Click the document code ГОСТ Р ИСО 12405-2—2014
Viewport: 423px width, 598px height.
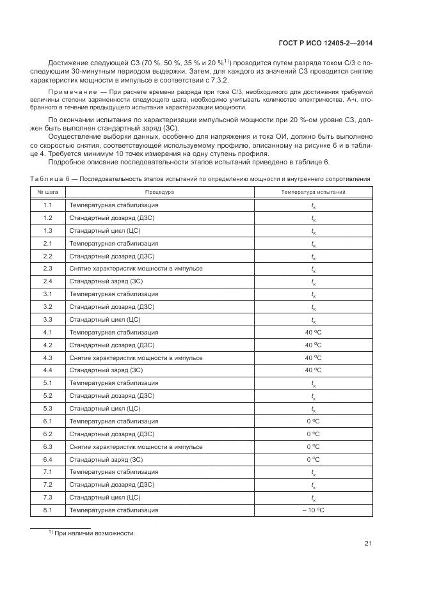[326, 43]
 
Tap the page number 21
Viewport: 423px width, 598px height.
[368, 544]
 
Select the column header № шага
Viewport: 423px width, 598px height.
[47, 192]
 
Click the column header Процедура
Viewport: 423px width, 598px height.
[159, 192]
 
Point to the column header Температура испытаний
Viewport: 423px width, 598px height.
[313, 192]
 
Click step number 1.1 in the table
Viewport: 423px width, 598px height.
[47, 205]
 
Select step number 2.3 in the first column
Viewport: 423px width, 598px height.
[47, 269]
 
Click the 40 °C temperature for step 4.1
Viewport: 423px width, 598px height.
[313, 332]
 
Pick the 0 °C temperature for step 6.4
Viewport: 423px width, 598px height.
[313, 459]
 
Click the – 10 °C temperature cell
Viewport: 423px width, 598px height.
[313, 510]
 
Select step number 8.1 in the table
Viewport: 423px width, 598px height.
[47, 510]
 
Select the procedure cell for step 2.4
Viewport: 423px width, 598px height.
[106, 281]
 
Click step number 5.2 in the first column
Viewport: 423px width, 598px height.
[47, 396]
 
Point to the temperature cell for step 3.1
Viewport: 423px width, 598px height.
[313, 295]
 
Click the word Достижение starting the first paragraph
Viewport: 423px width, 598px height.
[69, 62]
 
